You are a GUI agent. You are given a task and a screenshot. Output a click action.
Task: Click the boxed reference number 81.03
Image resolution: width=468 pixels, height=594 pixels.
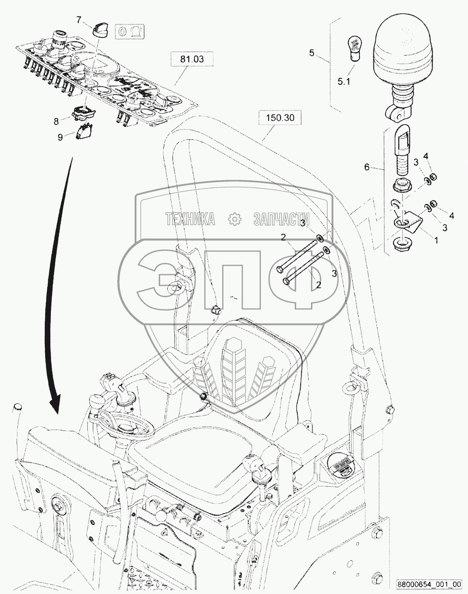point(192,59)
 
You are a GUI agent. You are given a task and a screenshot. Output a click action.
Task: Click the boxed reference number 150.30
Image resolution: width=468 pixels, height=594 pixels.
point(280,118)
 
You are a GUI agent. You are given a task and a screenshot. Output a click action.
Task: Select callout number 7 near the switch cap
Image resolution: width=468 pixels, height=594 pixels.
point(79,20)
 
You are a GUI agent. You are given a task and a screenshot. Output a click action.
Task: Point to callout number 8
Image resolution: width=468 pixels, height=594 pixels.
point(56,121)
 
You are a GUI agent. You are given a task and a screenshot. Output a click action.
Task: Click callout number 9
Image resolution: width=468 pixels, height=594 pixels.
point(60,137)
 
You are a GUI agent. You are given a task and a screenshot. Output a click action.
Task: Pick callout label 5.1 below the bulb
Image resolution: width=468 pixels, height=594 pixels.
point(344,82)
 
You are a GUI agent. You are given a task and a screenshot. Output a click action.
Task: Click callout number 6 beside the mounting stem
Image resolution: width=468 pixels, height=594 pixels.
point(367,167)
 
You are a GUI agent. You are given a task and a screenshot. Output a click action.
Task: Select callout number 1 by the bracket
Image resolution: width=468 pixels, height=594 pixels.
point(436,240)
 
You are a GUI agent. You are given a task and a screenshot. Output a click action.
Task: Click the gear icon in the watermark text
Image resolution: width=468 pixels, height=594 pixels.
point(235,219)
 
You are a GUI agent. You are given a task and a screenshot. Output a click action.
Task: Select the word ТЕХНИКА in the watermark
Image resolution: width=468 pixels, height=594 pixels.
point(190,219)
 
